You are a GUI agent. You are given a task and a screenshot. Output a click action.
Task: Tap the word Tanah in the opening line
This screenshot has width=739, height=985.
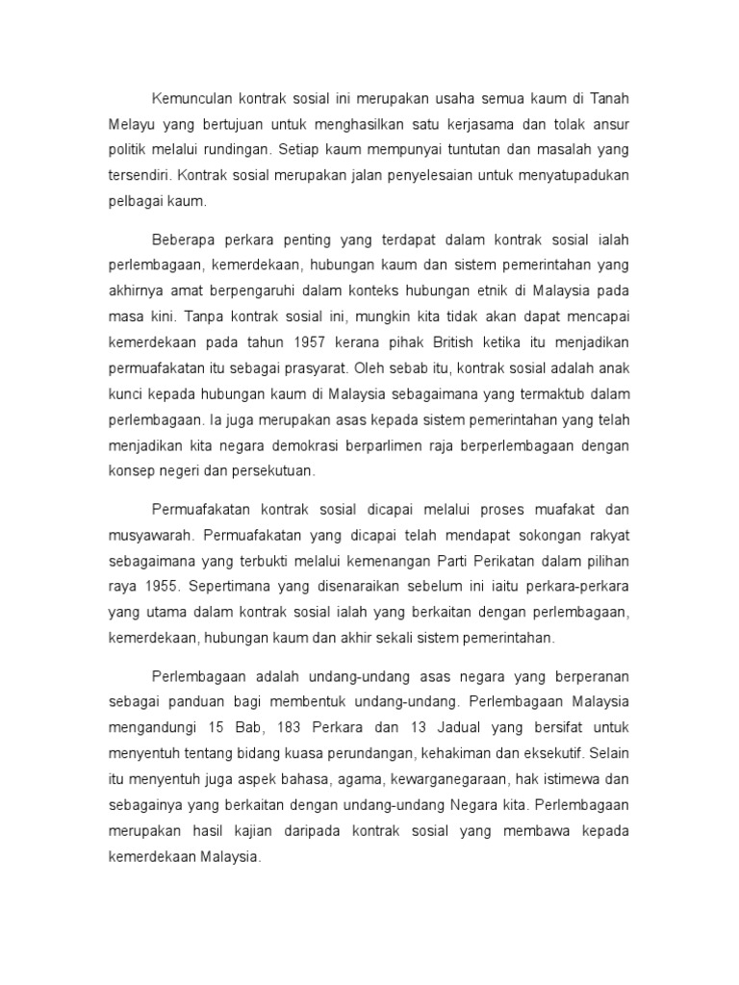point(608,101)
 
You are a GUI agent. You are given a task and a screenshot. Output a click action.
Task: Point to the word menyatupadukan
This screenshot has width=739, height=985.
point(568,176)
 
